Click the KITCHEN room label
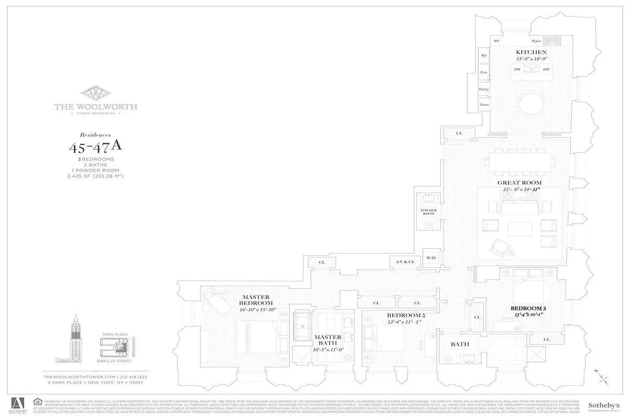point(531,52)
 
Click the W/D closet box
point(431,258)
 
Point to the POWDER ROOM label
point(428,212)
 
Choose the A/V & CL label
point(405,261)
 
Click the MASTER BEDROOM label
point(256,300)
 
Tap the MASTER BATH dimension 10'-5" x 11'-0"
point(328,349)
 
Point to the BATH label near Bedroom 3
point(459,344)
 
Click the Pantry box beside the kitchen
point(484,89)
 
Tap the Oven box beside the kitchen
point(484,105)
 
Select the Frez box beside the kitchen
point(484,72)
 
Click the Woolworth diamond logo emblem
point(96,93)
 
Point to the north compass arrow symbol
point(602,376)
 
